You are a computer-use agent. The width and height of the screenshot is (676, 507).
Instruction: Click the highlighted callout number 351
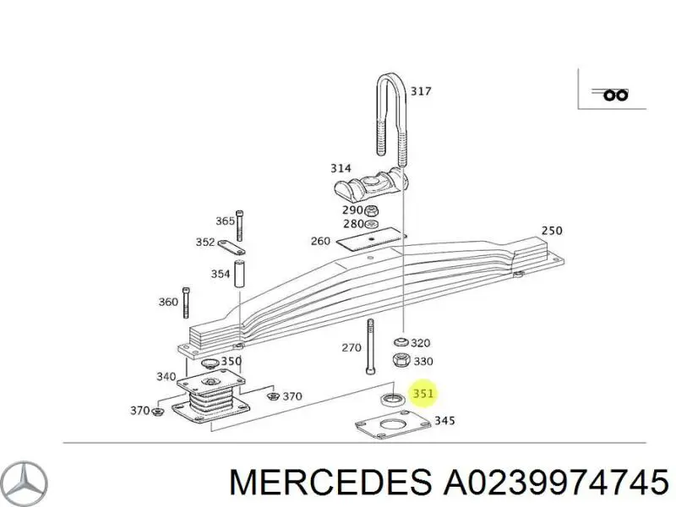423,394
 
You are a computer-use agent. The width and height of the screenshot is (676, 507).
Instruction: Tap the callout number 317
420,91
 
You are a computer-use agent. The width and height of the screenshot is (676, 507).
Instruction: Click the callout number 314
341,169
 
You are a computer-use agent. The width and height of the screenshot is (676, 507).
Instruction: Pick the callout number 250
551,231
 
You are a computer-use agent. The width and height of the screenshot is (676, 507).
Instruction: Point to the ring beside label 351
390,399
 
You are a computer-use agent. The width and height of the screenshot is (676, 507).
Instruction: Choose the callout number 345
444,420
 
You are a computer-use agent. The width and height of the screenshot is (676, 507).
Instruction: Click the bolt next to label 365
241,221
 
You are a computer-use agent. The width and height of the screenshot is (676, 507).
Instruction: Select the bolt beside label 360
186,302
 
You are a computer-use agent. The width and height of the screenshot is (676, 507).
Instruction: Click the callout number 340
166,377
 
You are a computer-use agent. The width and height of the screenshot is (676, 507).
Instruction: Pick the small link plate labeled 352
232,246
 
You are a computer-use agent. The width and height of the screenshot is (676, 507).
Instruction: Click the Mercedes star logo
25,483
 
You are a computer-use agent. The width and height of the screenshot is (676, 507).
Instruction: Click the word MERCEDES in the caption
329,482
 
